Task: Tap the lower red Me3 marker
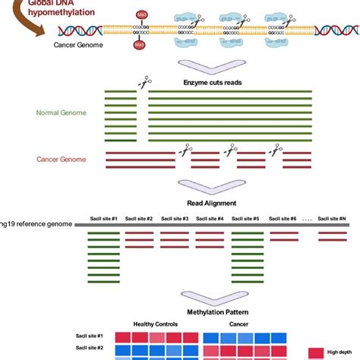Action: click(x=140, y=45)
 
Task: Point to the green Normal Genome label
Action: click(x=61, y=112)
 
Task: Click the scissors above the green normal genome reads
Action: click(x=142, y=82)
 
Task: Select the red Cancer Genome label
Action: click(x=61, y=159)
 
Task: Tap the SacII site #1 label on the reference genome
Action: click(x=103, y=218)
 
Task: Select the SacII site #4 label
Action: click(x=209, y=218)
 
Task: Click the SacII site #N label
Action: click(x=331, y=218)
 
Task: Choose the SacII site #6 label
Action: click(x=283, y=218)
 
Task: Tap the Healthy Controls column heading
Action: click(x=154, y=324)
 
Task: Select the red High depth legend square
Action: click(x=315, y=351)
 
